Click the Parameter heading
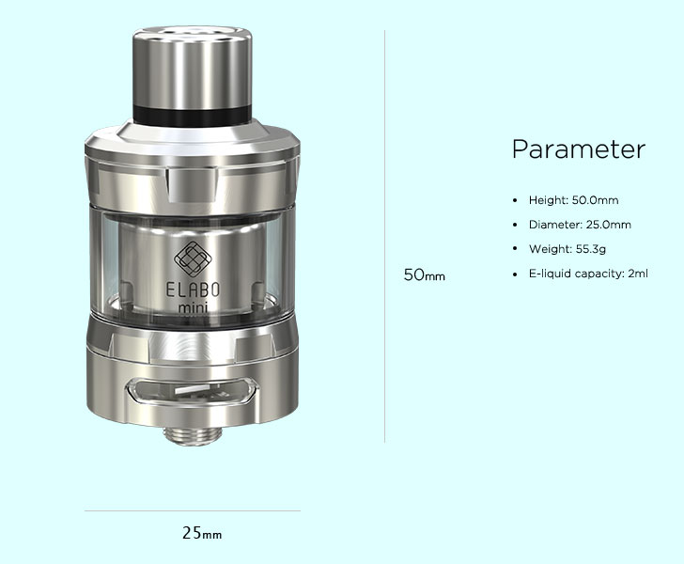[x=579, y=149]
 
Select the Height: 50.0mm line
[x=574, y=200]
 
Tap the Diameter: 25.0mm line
[x=580, y=225]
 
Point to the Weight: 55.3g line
[x=567, y=249]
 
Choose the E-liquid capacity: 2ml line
[x=588, y=274]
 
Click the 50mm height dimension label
[x=425, y=275]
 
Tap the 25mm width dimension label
[x=202, y=533]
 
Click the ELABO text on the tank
[x=193, y=290]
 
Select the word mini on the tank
[x=193, y=307]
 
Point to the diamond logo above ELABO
[x=193, y=258]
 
